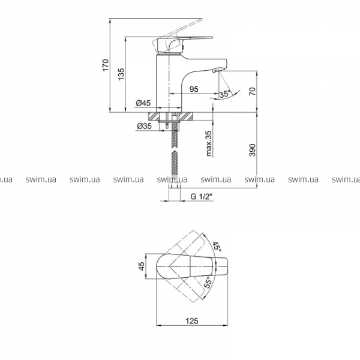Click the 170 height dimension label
click(106, 65)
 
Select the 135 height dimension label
click(121, 74)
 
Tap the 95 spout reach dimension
click(194, 89)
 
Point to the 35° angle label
click(224, 94)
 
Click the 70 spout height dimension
click(252, 91)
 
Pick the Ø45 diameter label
click(143, 103)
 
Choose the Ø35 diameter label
click(144, 126)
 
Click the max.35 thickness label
click(209, 144)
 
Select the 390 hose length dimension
click(252, 150)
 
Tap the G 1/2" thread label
click(202, 197)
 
